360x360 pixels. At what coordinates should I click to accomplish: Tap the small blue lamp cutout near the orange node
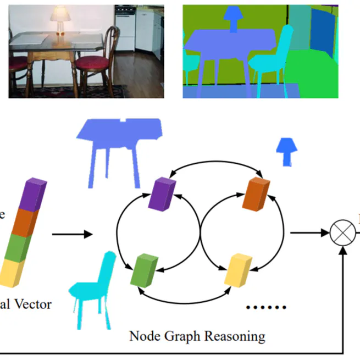pyautogui.click(x=285, y=151)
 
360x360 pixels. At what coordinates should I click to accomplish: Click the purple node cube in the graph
pyautogui.click(x=162, y=194)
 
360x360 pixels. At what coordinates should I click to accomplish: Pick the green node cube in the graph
pyautogui.click(x=145, y=269)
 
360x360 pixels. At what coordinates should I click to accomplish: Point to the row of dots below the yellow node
pyautogui.click(x=267, y=308)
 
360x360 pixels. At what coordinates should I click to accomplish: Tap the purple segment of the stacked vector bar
pyautogui.click(x=32, y=195)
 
